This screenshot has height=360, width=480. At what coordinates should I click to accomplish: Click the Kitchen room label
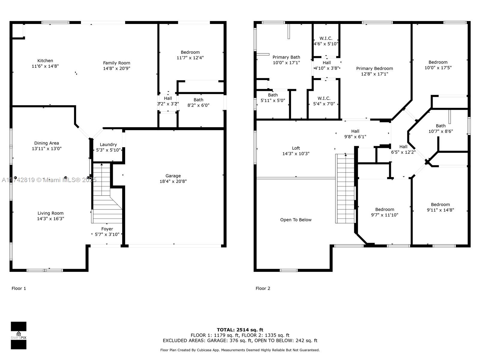(x=45, y=61)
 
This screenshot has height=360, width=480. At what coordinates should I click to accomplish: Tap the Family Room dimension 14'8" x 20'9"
(x=117, y=68)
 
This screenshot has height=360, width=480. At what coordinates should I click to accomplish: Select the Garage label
(x=173, y=176)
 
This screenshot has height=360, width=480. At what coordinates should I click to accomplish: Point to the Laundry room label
(x=108, y=145)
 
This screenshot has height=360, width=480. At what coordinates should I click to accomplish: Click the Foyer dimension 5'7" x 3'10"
(x=107, y=235)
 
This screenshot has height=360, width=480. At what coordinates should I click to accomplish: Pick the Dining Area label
(x=46, y=143)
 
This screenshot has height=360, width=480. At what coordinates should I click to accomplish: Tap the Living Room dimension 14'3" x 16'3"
(x=50, y=219)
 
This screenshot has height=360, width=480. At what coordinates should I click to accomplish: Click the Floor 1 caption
(x=19, y=289)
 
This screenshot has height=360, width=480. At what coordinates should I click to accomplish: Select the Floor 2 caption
(x=263, y=289)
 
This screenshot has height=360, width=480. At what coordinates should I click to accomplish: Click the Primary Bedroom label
(x=374, y=68)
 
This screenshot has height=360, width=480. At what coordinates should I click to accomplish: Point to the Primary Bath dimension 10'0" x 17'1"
(x=286, y=63)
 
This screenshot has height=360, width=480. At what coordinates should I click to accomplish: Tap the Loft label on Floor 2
(x=296, y=148)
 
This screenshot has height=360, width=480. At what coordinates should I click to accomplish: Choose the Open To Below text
(x=296, y=220)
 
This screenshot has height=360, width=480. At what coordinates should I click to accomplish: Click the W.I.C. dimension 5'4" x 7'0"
(x=324, y=104)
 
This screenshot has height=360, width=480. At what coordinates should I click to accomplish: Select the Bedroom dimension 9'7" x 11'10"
(x=385, y=215)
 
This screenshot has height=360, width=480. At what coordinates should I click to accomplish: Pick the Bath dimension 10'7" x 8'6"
(x=441, y=131)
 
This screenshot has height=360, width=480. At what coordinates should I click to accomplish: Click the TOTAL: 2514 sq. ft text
(x=240, y=330)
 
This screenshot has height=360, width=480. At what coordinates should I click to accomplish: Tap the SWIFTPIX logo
(x=19, y=335)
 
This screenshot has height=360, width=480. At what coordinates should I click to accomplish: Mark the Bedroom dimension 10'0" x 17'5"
(x=438, y=68)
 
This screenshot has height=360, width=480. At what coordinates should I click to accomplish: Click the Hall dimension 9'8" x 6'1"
(x=355, y=137)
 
